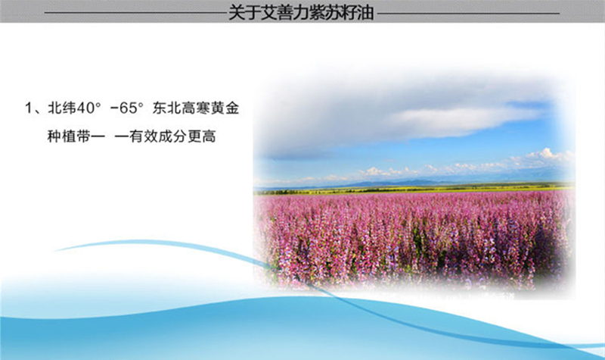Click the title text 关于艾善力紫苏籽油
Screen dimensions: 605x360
(x=301, y=12)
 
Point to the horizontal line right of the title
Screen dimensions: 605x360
(x=468, y=13)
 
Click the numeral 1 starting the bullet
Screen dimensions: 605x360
(x=29, y=108)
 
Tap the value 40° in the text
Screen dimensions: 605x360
(x=88, y=108)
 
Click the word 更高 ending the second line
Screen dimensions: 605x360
(x=201, y=136)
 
